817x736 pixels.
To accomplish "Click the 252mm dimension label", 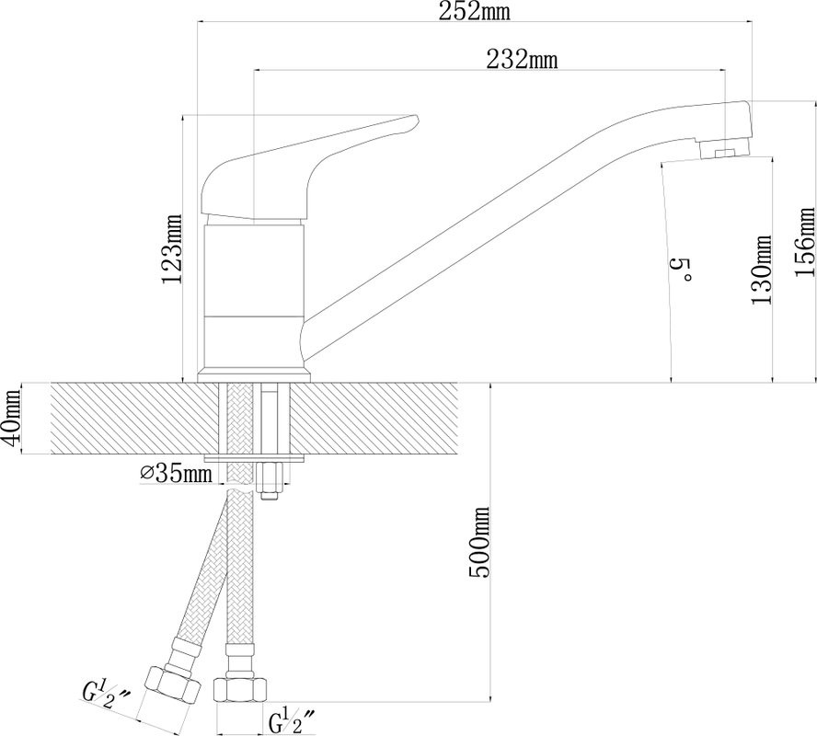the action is pos(474,11).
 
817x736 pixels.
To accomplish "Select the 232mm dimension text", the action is pos(522,60).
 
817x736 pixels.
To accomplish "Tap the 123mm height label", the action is pos(171,248).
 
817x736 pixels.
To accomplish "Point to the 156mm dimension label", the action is pos(805,242).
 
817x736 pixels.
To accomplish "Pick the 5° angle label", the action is pos(679,269).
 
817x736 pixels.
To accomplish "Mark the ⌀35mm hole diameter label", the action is pos(177,473).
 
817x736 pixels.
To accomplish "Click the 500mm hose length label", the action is pos(479,542).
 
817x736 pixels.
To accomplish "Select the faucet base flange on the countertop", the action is pos(254,377).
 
